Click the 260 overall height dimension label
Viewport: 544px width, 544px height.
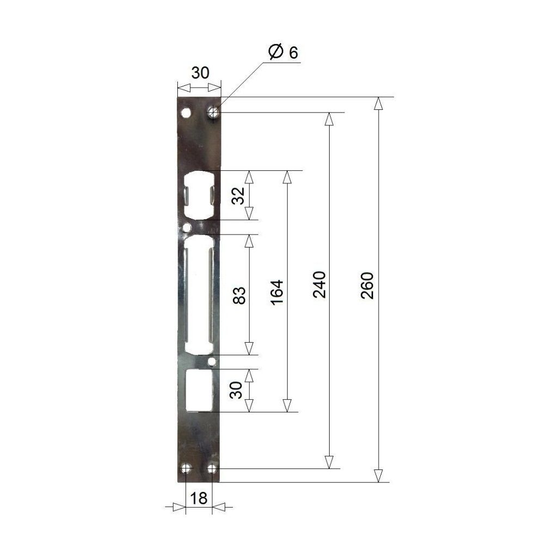367,285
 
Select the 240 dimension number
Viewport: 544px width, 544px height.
319,285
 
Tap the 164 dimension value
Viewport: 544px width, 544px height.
277,292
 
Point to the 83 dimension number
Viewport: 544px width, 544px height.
239,295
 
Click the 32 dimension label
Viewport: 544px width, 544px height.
238,196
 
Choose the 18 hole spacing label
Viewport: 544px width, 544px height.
199,498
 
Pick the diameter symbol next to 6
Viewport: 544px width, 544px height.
276,52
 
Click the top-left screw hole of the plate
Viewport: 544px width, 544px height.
186,113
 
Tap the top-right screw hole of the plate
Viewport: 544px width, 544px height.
212,112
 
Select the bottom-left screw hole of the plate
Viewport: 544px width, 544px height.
186,469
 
